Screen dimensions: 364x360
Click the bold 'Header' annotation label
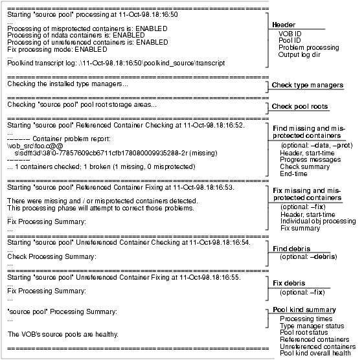click(x=284, y=25)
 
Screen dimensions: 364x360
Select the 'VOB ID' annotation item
click(x=290, y=34)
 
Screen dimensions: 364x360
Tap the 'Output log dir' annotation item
click(x=299, y=55)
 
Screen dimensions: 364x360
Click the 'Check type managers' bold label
click(x=308, y=85)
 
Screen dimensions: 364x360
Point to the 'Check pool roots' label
click(x=300, y=106)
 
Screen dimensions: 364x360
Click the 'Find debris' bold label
click(x=291, y=249)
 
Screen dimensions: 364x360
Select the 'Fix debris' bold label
click(x=289, y=283)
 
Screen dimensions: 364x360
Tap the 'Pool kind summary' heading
click(x=304, y=310)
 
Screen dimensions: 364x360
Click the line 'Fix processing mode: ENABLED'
click(x=57, y=49)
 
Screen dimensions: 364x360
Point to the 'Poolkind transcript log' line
click(x=116, y=63)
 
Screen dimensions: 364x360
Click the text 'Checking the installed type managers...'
click(x=67, y=84)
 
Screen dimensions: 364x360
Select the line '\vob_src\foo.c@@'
click(x=35, y=146)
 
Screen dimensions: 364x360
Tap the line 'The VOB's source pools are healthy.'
click(x=63, y=334)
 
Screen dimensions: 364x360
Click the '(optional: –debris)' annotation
click(x=308, y=256)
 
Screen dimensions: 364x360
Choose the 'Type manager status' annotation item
click(x=312, y=326)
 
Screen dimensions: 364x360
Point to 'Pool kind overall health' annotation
click(x=315, y=354)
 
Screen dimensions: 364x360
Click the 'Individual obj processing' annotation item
click(x=318, y=221)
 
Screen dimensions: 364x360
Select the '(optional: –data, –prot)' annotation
click(x=317, y=146)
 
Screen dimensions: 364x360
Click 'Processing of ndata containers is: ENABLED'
click(x=76, y=35)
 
